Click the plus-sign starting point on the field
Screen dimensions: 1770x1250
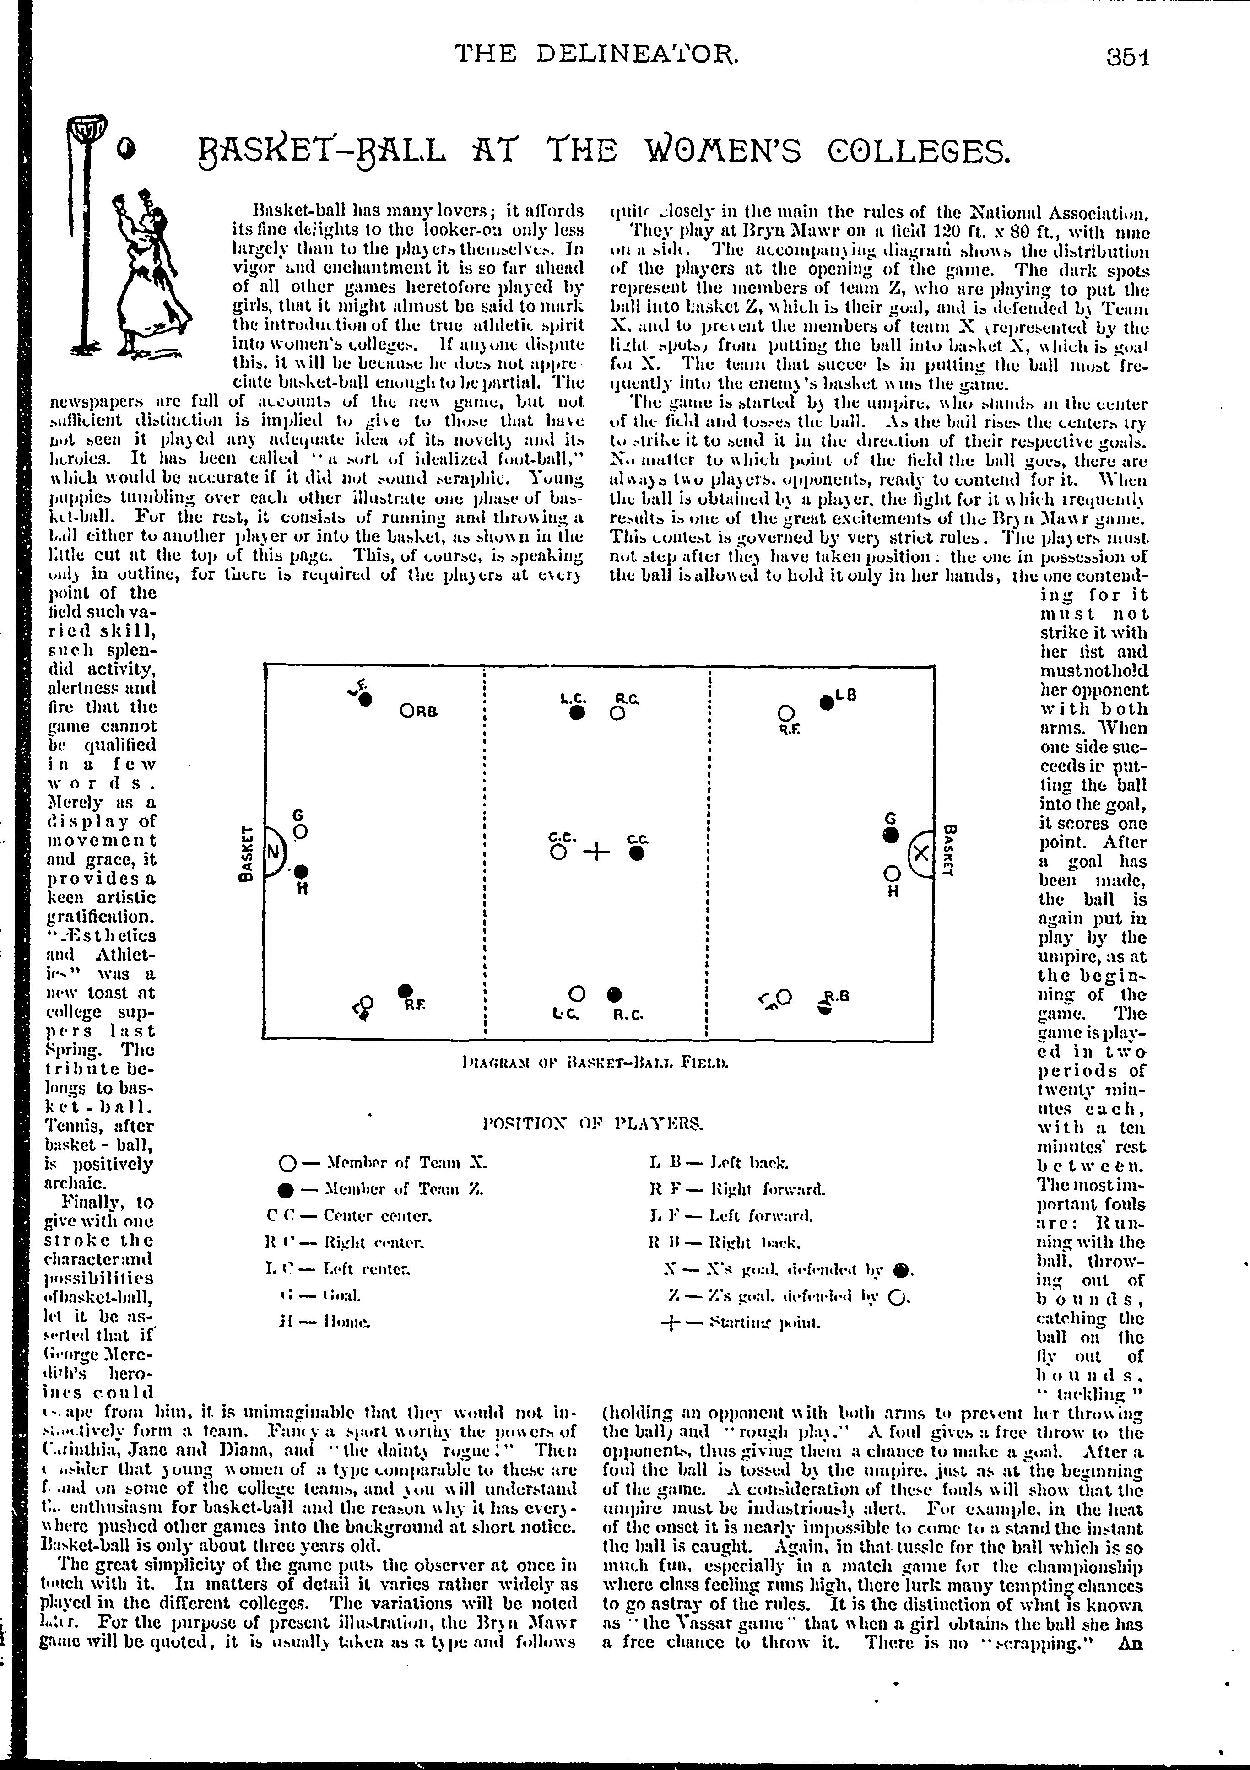click(596, 852)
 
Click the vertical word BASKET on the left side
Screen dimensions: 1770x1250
click(247, 853)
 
